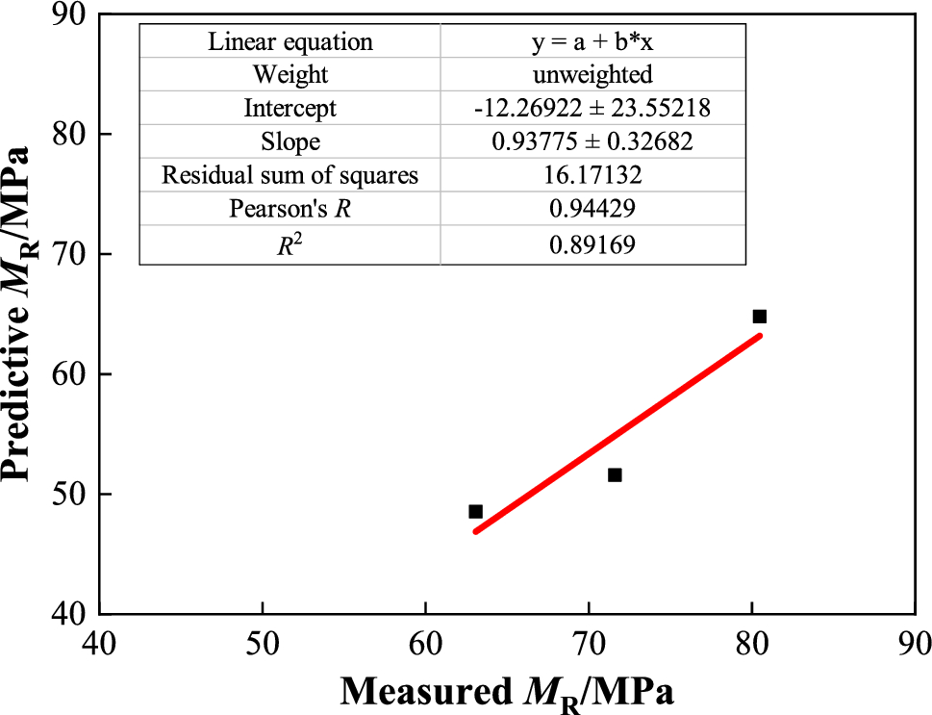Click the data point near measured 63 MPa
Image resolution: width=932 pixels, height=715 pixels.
(475, 512)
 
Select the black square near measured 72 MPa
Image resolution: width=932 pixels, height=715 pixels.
(615, 474)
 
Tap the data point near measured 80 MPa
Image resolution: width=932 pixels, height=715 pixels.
(759, 317)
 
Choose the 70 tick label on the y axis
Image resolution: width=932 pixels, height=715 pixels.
(67, 254)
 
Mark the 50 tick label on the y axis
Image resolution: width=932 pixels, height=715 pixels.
(67, 494)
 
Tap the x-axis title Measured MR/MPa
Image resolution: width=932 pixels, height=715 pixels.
(506, 690)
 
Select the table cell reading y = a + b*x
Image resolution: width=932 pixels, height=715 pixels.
(592, 42)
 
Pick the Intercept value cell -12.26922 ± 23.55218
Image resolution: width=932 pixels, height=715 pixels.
(592, 109)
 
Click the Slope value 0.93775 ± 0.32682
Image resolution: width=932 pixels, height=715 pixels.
(592, 142)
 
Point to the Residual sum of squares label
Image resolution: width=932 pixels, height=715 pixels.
(290, 176)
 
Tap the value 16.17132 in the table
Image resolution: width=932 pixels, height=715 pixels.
(592, 176)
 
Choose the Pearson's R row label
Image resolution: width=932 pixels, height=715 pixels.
(290, 210)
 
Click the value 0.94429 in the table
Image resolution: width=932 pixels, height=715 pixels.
(592, 210)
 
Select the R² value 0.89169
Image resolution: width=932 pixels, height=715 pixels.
(592, 244)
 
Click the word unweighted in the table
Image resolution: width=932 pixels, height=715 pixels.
(592, 75)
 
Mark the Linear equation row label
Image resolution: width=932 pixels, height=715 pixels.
(290, 42)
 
